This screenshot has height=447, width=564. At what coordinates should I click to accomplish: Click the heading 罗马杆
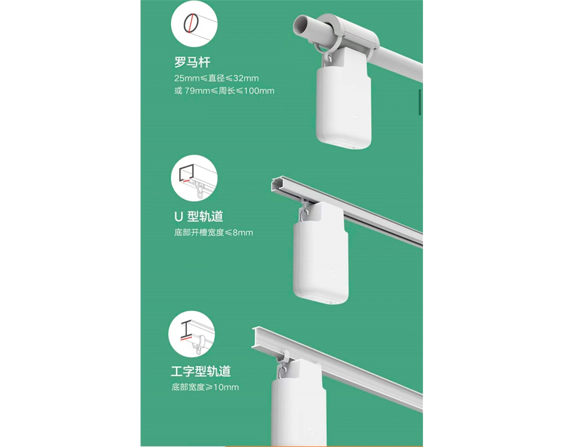pos(192,63)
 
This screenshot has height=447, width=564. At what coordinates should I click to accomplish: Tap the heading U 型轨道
pos(199,216)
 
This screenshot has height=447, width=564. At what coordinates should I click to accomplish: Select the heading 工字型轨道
pos(201,371)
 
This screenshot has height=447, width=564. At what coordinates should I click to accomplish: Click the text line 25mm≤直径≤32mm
pos(217,78)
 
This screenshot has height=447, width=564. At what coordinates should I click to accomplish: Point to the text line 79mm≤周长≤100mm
pos(229,91)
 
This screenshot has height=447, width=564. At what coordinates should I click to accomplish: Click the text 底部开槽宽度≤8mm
pos(213,232)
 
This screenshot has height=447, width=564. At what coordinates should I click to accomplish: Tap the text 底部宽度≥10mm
pos(205,387)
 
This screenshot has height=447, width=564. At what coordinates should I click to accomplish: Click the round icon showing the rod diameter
pos(194,24)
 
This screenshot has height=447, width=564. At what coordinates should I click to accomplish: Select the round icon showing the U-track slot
pos(194,178)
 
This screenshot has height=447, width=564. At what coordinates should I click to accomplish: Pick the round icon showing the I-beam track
pos(192,334)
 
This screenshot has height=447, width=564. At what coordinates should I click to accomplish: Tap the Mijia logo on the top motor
pos(356,118)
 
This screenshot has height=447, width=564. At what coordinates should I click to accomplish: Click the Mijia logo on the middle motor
pos(333,273)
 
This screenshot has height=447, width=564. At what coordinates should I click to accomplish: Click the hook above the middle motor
pos(304,214)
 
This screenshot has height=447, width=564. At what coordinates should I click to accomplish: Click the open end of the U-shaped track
pos(277,184)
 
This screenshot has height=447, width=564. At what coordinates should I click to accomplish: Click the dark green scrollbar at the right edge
pos(420,102)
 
